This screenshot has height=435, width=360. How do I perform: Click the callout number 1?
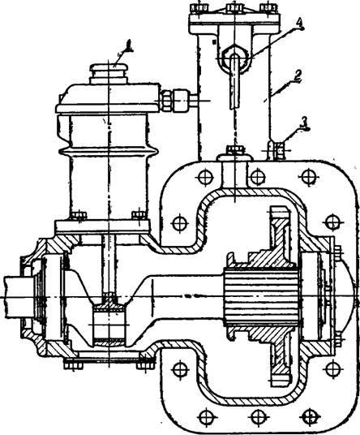128,45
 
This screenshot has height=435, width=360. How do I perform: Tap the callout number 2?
298,75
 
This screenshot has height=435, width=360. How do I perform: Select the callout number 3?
305,123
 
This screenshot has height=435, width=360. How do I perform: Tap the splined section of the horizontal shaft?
261,295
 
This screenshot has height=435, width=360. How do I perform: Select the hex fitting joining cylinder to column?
174,101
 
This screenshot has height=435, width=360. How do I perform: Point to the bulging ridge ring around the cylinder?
109,152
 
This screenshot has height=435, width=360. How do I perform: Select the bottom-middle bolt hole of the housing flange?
258,416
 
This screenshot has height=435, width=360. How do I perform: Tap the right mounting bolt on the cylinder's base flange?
139,215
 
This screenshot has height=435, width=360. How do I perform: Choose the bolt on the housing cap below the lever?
235,152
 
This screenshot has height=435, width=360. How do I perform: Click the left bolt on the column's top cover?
199,8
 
